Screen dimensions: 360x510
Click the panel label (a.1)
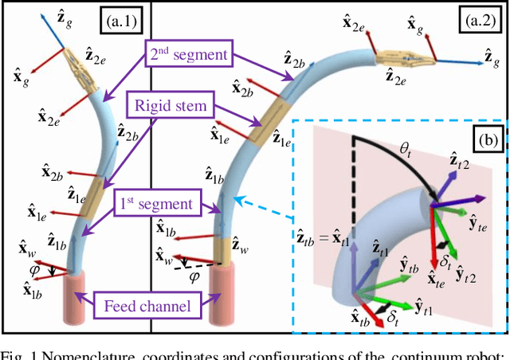[x=123, y=20]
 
